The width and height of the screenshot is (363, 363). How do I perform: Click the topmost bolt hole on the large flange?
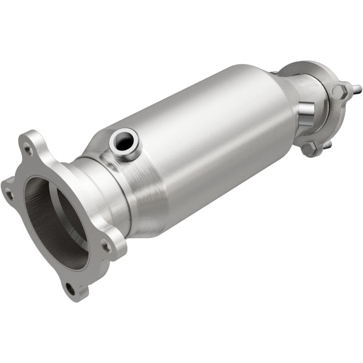[29, 148]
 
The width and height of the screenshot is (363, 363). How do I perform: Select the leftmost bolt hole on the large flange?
[8, 195]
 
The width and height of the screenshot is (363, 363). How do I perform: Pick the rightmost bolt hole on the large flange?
[105, 246]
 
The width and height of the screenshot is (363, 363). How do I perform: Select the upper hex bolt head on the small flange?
[339, 92]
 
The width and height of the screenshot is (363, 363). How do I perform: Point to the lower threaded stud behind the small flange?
[328, 144]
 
